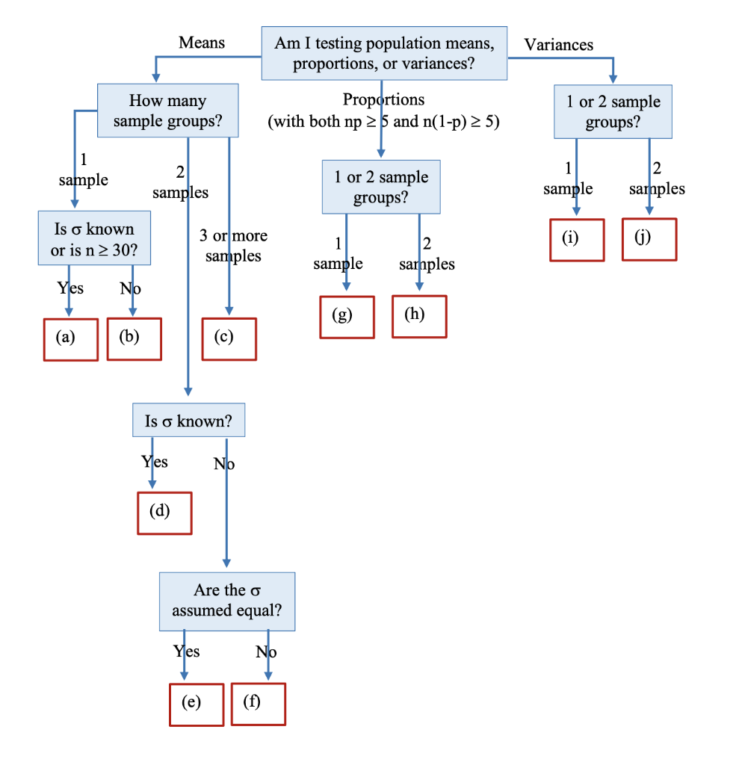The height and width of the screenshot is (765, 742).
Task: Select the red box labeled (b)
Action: point(135,338)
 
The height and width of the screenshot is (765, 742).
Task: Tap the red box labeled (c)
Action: point(229,338)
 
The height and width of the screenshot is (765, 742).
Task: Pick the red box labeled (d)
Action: point(164,512)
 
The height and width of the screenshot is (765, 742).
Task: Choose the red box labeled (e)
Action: point(196,704)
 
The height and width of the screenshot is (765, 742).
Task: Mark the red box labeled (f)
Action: point(258,704)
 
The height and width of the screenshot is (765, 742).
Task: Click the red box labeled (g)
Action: point(347,317)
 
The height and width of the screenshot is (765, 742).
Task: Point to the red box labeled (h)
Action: point(419,316)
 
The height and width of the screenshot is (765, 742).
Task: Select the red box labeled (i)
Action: point(577,239)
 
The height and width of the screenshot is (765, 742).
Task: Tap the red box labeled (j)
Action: point(649,239)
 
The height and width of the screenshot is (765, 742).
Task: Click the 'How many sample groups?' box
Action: point(167,111)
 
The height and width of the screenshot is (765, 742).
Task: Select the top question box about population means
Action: point(384,53)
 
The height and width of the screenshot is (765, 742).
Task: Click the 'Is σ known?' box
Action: point(188,421)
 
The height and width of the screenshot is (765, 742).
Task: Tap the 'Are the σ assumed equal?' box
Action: point(226,601)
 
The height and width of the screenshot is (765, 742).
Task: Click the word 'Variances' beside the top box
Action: point(558,45)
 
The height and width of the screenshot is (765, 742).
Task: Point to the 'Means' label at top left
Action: point(202,43)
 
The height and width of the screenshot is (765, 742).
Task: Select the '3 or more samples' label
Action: point(233,246)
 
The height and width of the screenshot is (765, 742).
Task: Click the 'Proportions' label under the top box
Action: point(383,99)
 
